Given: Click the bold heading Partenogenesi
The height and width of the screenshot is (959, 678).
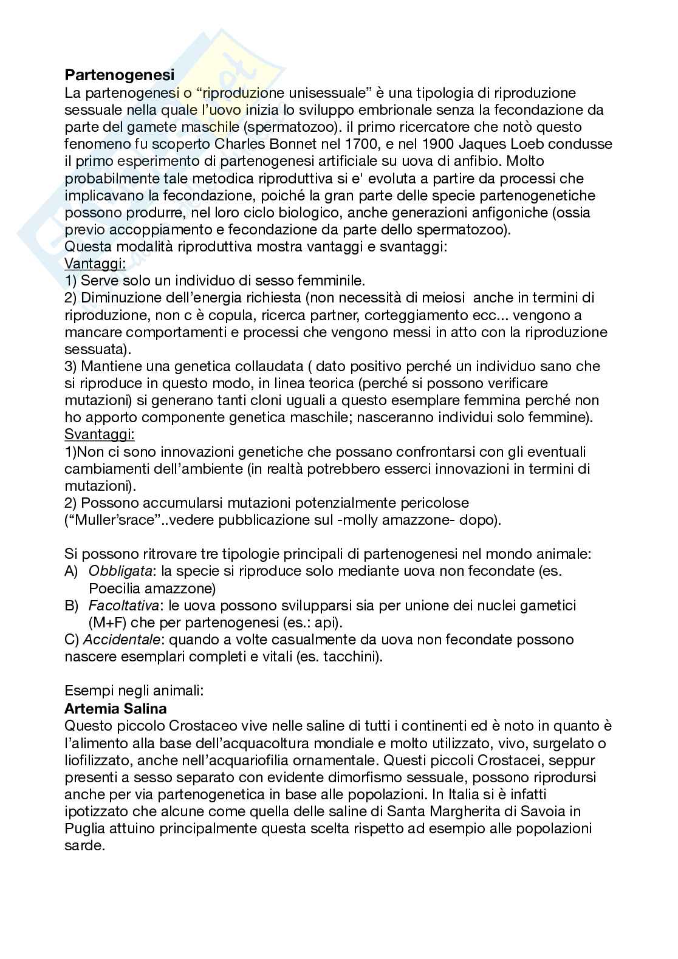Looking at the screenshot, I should (x=119, y=75).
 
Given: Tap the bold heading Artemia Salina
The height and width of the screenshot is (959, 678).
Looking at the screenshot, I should (x=115, y=709).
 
